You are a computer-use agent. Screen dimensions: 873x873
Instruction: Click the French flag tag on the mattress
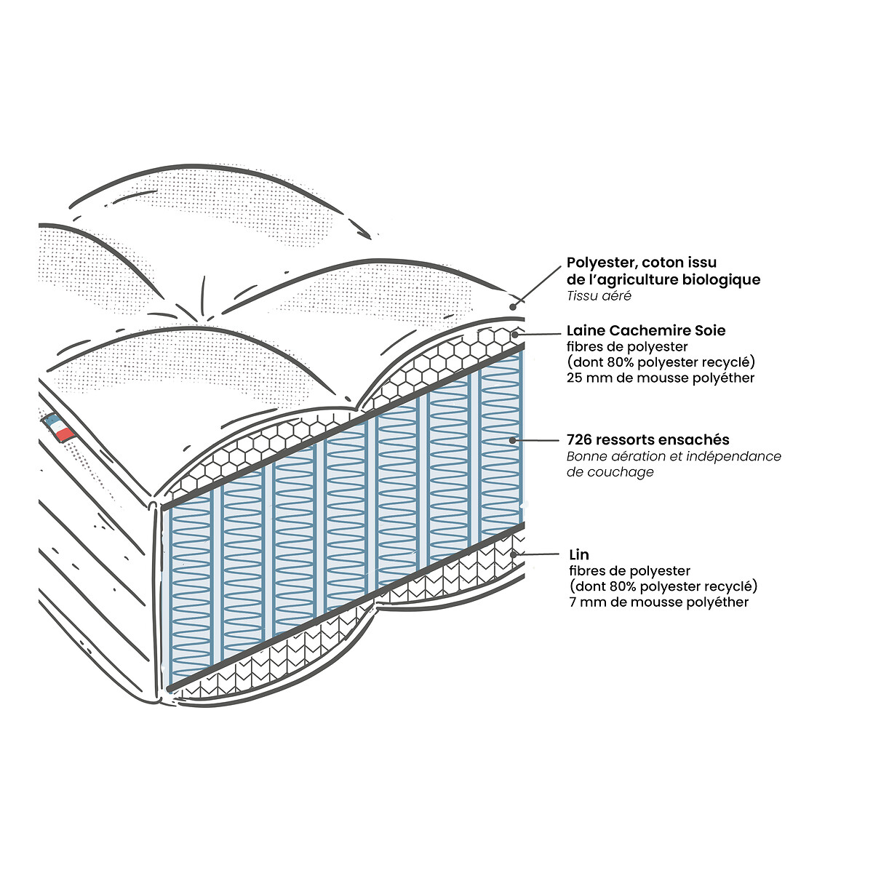tap(59, 427)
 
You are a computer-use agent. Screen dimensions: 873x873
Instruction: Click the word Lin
tap(579, 554)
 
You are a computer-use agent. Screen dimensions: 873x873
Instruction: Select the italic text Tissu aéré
tap(599, 296)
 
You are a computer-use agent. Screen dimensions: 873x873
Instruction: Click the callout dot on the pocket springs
tap(512, 440)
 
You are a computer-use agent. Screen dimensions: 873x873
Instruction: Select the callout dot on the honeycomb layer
tap(515, 335)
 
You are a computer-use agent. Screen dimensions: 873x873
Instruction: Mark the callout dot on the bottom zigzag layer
tap(514, 554)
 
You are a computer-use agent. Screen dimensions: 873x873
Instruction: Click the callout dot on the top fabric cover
tap(513, 307)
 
